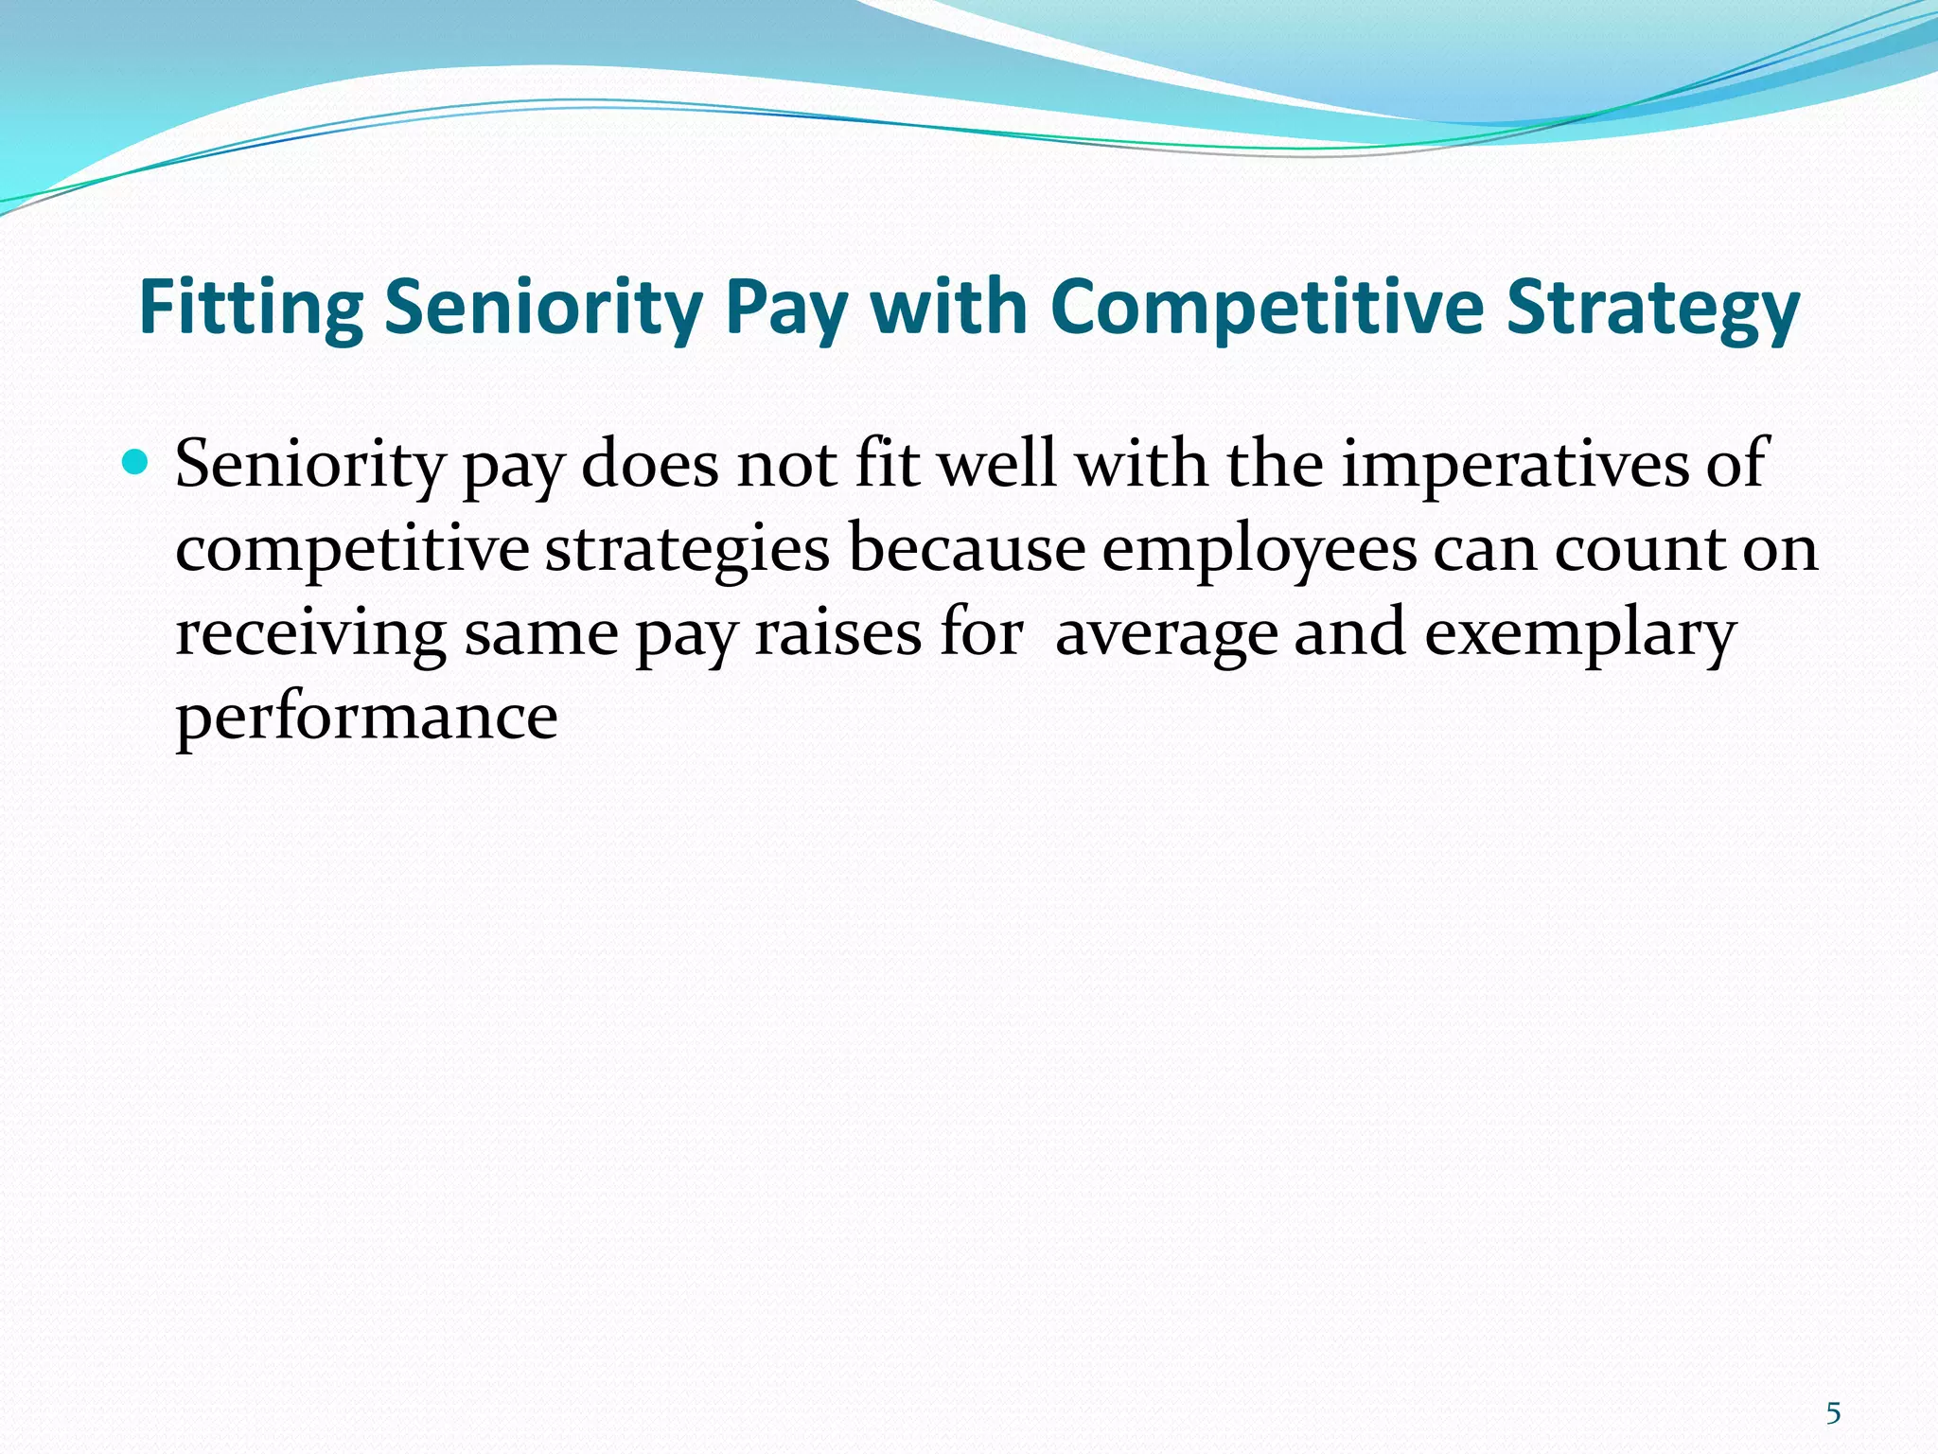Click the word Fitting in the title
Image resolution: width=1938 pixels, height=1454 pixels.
pos(251,309)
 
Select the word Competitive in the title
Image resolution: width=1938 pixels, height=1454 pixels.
pos(1267,309)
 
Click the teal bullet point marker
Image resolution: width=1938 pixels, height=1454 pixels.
pos(137,463)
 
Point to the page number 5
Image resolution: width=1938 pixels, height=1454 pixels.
pos(1833,1413)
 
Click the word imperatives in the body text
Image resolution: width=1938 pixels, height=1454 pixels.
pos(1514,465)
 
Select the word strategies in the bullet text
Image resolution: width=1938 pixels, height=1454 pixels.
pos(687,549)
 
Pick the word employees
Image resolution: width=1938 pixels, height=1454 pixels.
pos(1260,549)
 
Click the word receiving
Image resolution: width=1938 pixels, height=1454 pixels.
pos(310,633)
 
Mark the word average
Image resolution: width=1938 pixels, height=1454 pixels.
pos(1166,633)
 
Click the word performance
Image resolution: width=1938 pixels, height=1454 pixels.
pos(366,718)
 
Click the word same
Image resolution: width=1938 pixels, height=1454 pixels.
pos(541,633)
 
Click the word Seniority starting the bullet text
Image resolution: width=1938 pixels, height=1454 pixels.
pos(310,465)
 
